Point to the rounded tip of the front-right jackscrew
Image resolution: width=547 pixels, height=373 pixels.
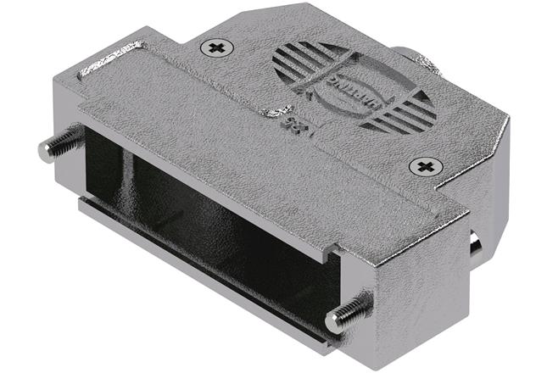pos(333,321)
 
